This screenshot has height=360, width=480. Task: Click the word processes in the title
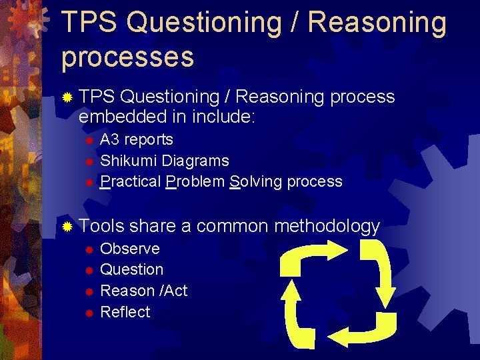[x=127, y=57]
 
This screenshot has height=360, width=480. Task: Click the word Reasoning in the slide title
[x=377, y=22]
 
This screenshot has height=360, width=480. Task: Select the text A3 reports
[x=136, y=140]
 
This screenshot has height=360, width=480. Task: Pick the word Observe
[x=129, y=249]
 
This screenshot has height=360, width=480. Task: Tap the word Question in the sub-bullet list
[x=131, y=270]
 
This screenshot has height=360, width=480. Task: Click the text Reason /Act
[x=143, y=291]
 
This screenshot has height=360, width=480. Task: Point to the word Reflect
[x=125, y=312]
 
